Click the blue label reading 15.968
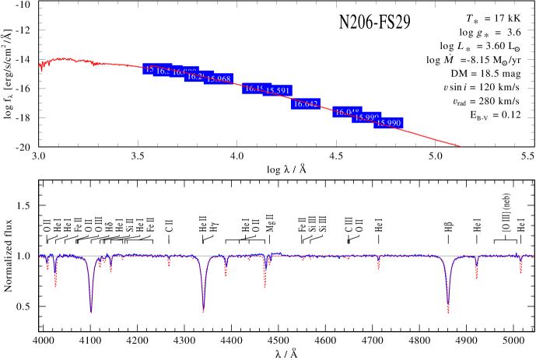(x=219, y=79)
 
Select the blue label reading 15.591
(x=278, y=90)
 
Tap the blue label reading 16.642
(x=306, y=103)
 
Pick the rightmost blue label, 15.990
(x=388, y=123)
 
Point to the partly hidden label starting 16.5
(x=162, y=71)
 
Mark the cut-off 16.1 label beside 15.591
(x=253, y=89)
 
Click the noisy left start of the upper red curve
(x=41, y=67)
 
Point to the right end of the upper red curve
(x=461, y=145)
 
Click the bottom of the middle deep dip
(x=203, y=310)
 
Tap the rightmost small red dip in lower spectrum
(x=520, y=269)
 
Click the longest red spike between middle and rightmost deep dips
(x=264, y=283)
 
